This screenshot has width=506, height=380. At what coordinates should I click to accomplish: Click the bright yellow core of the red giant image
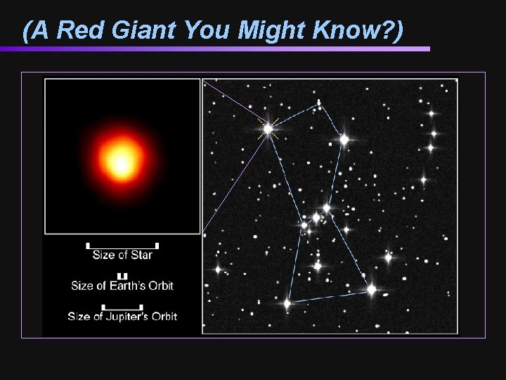click(121, 163)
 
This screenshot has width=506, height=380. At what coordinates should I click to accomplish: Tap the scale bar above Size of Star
click(122, 246)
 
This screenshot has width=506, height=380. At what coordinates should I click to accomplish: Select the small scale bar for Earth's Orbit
click(122, 276)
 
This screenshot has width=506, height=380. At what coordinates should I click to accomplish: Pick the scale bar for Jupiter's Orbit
click(122, 307)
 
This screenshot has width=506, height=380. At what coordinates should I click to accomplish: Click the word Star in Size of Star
click(141, 255)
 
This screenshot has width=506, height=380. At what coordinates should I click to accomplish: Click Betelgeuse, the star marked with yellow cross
click(268, 129)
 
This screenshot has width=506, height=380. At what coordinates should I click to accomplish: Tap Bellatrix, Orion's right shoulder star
click(344, 139)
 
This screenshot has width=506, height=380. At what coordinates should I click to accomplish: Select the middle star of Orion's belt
click(316, 217)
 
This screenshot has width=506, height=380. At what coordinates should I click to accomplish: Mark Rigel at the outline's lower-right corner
click(371, 289)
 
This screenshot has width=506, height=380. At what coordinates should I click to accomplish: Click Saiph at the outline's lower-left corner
click(287, 303)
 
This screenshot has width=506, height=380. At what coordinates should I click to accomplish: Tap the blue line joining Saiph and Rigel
click(329, 296)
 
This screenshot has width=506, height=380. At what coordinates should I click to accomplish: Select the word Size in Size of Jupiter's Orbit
click(79, 317)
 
